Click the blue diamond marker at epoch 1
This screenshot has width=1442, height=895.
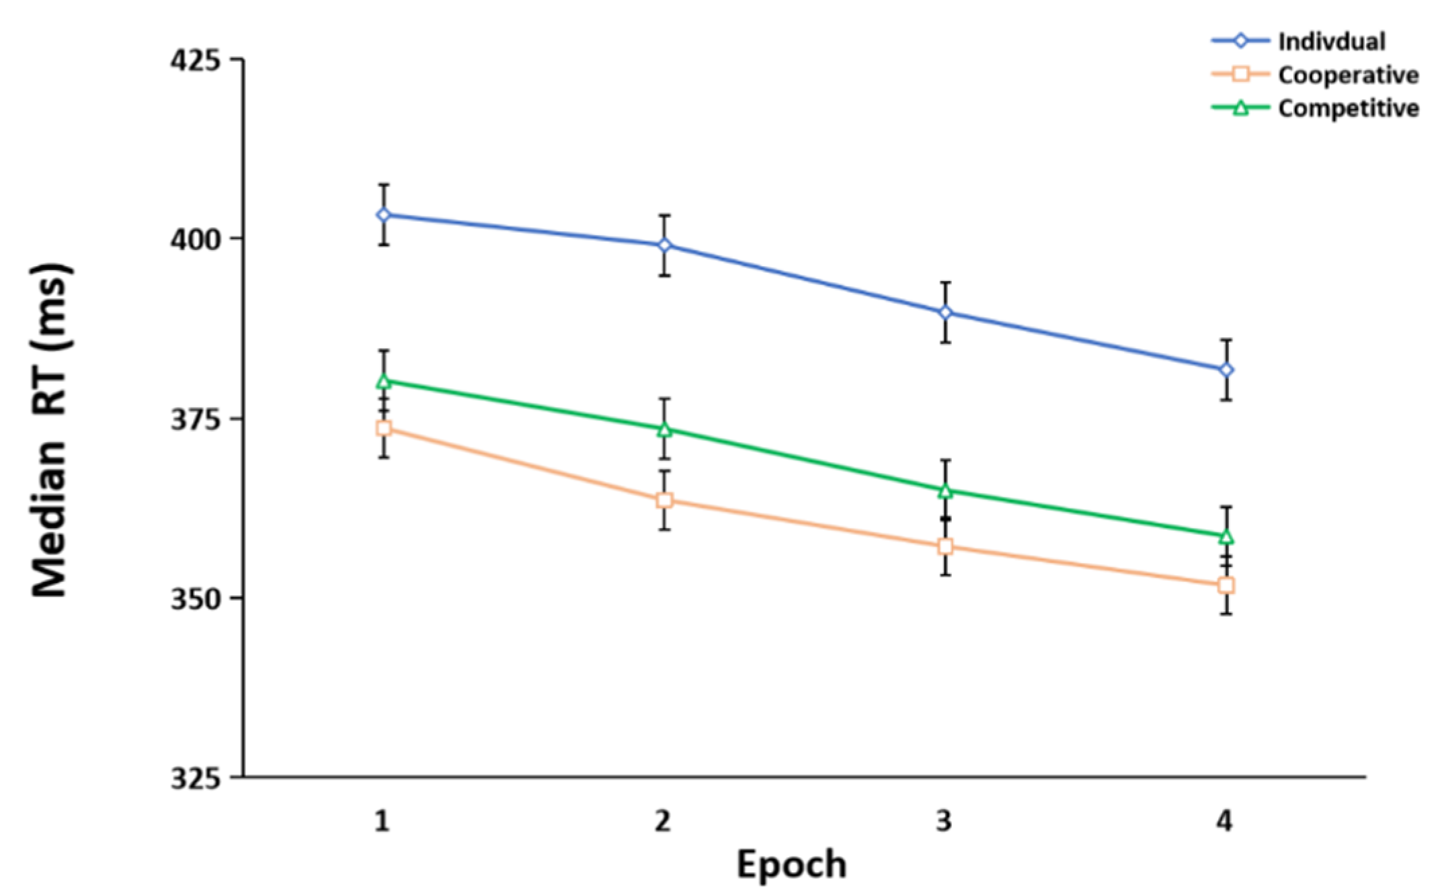point(384,214)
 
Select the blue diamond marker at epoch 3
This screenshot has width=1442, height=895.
point(945,312)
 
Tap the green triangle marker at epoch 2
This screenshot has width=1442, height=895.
point(664,429)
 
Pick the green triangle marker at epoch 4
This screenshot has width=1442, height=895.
point(1226,536)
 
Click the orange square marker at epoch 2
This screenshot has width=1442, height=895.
point(664,500)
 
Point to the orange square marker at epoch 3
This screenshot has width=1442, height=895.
point(945,546)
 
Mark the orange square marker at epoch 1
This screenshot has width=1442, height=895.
point(384,428)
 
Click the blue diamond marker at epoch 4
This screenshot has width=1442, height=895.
point(1226,370)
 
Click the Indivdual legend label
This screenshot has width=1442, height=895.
point(1331,42)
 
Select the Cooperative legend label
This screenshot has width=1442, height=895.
point(1348,75)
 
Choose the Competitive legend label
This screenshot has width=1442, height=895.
point(1348,108)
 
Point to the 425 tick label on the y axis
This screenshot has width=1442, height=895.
point(194,59)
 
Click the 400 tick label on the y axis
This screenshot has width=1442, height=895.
point(194,239)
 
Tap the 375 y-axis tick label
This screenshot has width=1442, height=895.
point(194,419)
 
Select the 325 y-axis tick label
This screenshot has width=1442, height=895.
point(194,778)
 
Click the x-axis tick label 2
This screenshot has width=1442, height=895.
point(664,820)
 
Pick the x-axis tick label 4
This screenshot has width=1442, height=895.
point(1225,820)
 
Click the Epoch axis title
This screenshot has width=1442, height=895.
point(791,864)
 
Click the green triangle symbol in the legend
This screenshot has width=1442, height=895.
point(1240,108)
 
